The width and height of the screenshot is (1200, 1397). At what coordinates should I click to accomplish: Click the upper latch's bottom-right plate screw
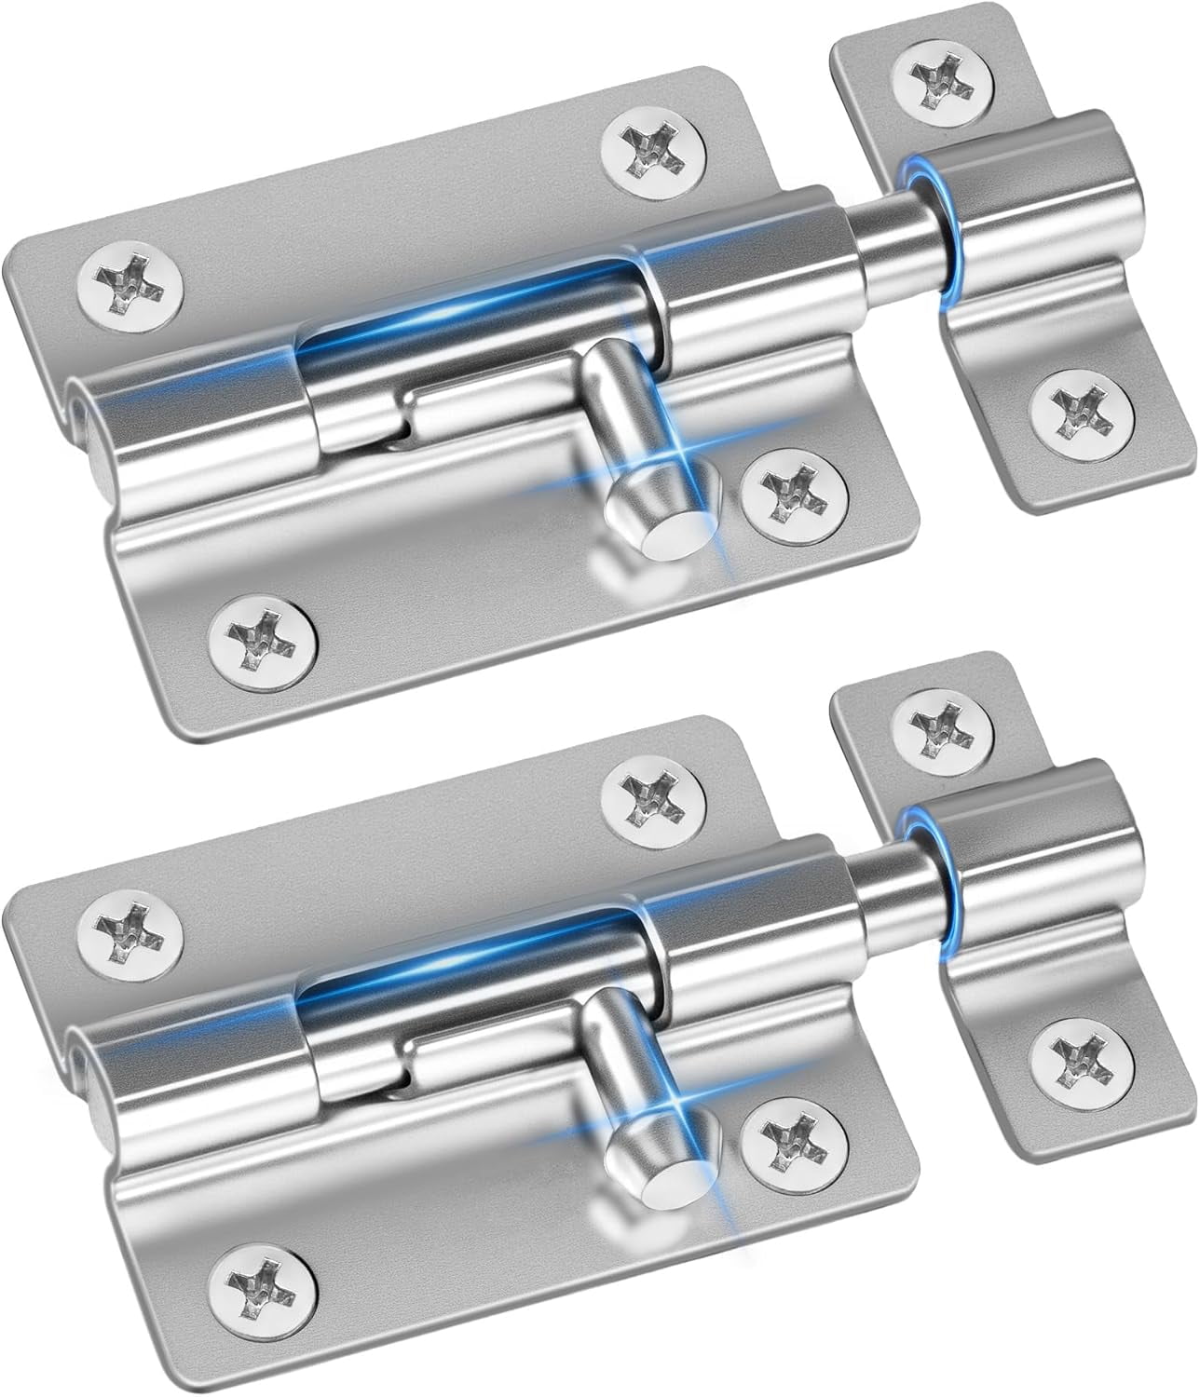[795, 481]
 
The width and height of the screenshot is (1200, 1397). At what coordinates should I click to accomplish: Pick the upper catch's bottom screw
[1084, 405]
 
